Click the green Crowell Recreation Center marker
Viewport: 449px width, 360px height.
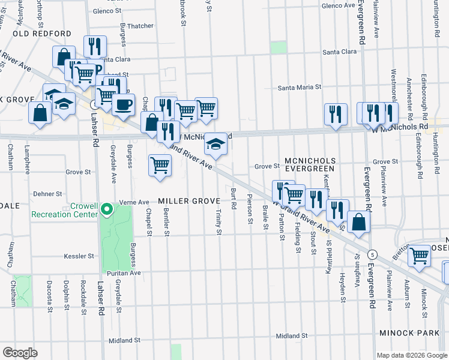click(x=107, y=209)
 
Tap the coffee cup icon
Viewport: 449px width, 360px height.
click(x=124, y=104)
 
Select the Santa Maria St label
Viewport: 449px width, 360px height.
click(x=300, y=88)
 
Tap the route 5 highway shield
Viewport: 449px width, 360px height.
click(x=372, y=254)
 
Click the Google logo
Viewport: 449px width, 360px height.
click(x=20, y=352)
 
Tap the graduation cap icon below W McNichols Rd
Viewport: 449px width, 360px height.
click(x=216, y=143)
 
